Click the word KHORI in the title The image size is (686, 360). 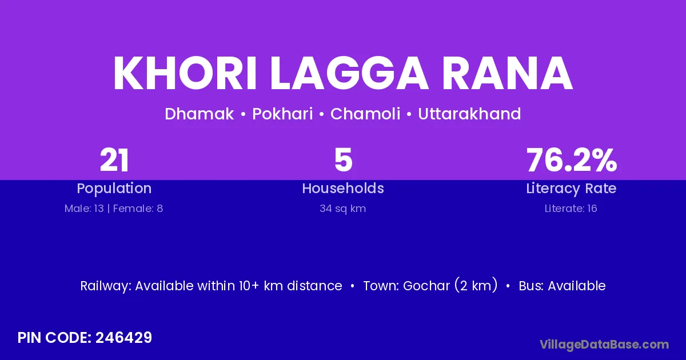pyautogui.click(x=185, y=73)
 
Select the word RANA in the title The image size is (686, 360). pyautogui.click(x=507, y=73)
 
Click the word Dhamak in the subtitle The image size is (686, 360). pyautogui.click(x=200, y=114)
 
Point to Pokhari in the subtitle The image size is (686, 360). pyautogui.click(x=282, y=114)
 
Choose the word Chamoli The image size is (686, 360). pyautogui.click(x=365, y=114)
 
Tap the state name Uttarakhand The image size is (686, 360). pyautogui.click(x=469, y=114)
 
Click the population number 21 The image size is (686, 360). pyautogui.click(x=114, y=160)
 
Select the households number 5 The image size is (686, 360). pyautogui.click(x=344, y=160)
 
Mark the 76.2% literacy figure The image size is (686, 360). pyautogui.click(x=572, y=160)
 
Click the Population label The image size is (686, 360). pyautogui.click(x=114, y=189)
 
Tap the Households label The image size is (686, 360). pyautogui.click(x=343, y=188)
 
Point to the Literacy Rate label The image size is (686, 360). pyautogui.click(x=571, y=189)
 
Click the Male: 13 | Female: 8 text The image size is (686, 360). pyautogui.click(x=114, y=209)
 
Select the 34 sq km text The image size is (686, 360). pyautogui.click(x=342, y=209)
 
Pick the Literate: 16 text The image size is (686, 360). pyautogui.click(x=571, y=209)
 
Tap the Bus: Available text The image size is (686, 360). pyautogui.click(x=562, y=286)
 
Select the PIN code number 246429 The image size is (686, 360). pyautogui.click(x=123, y=338)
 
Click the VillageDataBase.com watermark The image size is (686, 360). pyautogui.click(x=604, y=345)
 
